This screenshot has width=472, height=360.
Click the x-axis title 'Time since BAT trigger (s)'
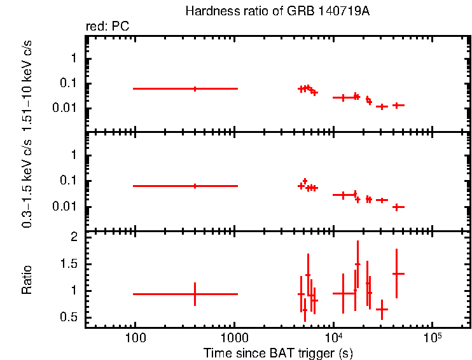coord(278,352)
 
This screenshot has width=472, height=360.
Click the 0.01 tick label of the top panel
coord(67,108)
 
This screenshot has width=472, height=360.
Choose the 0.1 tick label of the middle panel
coord(69,181)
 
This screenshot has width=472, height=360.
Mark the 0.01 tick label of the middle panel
coord(67,207)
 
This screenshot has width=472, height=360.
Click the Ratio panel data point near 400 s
coord(195,294)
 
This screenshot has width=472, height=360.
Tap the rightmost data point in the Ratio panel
coord(397,273)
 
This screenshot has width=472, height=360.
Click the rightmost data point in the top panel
coord(397,105)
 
